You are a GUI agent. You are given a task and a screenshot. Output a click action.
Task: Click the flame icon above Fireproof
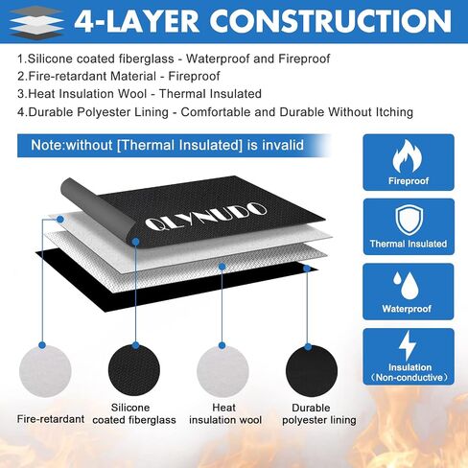(x=408, y=156)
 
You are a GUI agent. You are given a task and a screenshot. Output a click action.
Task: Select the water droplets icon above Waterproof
(x=406, y=285)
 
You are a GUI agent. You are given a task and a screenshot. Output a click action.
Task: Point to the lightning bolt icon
(x=408, y=345)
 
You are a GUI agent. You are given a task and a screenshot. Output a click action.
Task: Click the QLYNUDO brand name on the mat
(x=206, y=216)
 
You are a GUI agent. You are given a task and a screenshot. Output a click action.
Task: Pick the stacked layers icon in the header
(x=35, y=22)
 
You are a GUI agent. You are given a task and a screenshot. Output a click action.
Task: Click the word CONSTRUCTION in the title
(x=330, y=21)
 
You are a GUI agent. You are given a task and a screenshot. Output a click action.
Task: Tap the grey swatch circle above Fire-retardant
(x=45, y=371)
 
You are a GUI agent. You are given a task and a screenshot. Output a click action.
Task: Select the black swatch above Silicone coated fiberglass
(x=134, y=370)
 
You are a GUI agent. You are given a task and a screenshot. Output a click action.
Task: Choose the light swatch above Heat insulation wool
(x=222, y=371)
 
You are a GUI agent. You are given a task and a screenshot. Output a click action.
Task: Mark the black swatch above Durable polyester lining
(x=312, y=371)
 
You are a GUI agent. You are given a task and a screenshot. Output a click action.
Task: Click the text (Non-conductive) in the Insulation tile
(x=409, y=378)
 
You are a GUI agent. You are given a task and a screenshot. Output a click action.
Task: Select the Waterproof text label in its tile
(x=407, y=309)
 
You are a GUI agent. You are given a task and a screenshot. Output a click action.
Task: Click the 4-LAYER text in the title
(x=136, y=22)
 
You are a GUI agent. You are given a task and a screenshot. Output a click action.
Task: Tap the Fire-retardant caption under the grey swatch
(x=51, y=419)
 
